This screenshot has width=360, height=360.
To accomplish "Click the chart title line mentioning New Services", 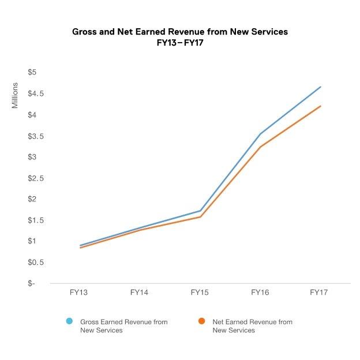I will click(179, 32).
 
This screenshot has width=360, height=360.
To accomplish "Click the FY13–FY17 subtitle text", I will click(179, 43).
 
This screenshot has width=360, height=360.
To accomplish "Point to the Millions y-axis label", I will click(16, 95).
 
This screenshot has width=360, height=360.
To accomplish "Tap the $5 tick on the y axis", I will click(32, 72).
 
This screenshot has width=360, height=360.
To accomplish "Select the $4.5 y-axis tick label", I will click(29, 93).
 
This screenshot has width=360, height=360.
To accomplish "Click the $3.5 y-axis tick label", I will click(29, 136).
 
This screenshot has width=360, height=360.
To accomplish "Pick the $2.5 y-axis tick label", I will click(29, 178).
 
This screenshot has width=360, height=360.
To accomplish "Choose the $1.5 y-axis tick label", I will click(29, 220).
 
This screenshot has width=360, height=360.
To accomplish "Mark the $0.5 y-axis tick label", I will click(29, 262).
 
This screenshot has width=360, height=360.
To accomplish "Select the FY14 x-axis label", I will click(140, 293).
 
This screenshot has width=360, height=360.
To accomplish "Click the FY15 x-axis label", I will click(200, 293).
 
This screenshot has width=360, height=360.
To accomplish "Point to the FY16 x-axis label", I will click(260, 293).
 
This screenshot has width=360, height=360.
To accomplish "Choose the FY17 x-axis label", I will click(320, 293).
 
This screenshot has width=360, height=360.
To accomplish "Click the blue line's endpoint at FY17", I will click(320, 87).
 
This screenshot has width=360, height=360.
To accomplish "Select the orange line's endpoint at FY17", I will click(320, 106).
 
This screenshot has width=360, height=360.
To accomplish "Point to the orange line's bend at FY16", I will click(260, 147).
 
